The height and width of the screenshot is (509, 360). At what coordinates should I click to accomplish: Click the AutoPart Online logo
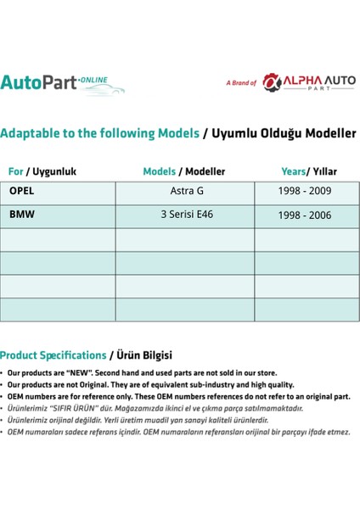[x=62, y=84]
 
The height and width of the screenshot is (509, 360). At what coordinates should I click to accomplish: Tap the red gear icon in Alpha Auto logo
[x=273, y=82]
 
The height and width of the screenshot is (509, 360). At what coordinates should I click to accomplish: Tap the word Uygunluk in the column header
[x=54, y=171]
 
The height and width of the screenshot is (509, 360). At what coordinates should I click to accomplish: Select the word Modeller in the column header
[x=205, y=171]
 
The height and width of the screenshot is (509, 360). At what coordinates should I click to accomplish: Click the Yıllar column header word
[x=324, y=171]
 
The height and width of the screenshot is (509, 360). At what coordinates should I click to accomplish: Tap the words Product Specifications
[x=53, y=355]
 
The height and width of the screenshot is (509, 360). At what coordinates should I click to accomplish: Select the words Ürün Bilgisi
[x=144, y=355]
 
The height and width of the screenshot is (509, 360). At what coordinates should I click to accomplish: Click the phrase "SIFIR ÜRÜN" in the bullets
[x=74, y=408]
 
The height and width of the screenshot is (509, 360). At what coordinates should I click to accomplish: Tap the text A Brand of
[x=241, y=83]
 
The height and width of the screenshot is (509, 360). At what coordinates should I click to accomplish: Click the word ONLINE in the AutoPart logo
[x=93, y=80]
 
